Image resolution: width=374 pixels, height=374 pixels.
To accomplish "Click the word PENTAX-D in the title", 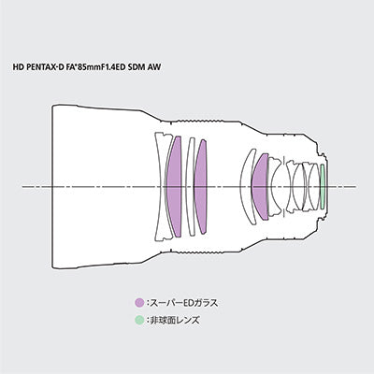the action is tap(47, 66).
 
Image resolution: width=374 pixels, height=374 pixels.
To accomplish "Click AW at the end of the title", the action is tap(154, 66).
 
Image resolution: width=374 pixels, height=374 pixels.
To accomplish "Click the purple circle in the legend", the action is tap(139, 303).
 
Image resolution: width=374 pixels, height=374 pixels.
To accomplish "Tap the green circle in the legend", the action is tap(139, 320).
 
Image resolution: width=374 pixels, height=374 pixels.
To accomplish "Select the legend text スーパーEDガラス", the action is tap(184, 303).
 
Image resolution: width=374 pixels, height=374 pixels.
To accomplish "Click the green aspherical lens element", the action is tap(323, 187).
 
